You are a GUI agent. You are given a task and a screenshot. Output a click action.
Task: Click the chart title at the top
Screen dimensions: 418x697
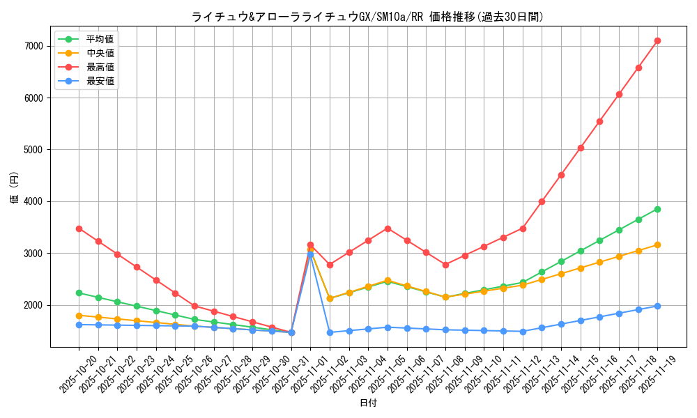click(367, 17)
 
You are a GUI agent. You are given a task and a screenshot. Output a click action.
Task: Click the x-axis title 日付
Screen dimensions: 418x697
click(368, 403)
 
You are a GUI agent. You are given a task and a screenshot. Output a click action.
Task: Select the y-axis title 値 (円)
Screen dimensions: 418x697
click(15, 188)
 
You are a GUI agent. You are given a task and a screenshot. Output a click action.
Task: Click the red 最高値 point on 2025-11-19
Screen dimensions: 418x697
click(657, 41)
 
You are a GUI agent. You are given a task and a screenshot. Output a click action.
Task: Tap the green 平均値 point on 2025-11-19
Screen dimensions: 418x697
click(657, 209)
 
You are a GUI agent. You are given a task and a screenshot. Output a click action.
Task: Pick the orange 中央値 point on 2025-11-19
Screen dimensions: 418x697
click(657, 245)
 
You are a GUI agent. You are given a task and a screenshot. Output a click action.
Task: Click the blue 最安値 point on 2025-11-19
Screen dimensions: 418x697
click(657, 306)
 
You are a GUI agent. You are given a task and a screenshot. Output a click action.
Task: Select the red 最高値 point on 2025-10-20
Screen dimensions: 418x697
click(79, 229)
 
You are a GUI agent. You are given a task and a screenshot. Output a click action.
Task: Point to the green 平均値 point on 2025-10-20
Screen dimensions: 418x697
click(79, 293)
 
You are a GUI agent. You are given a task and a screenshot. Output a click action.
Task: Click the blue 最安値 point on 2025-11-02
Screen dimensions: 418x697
click(330, 332)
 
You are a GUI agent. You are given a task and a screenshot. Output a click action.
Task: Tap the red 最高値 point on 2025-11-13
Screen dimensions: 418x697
click(542, 201)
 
